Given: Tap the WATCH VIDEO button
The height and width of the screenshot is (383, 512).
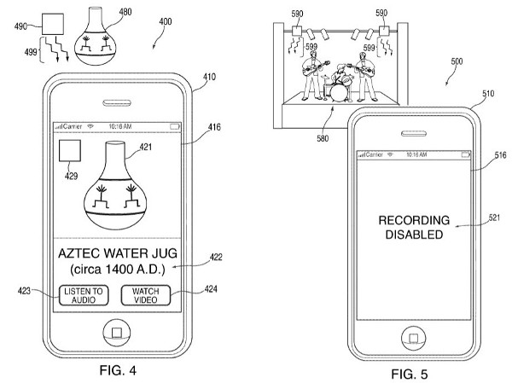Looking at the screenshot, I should click(x=146, y=295).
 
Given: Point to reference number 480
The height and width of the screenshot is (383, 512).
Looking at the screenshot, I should click(x=125, y=12).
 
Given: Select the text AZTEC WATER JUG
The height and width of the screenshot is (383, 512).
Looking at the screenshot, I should click(x=115, y=253).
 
